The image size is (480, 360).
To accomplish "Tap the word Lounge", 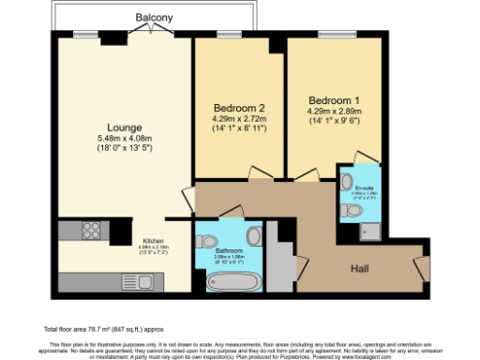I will (x=124, y=127).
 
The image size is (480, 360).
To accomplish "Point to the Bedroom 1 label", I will (x=334, y=98).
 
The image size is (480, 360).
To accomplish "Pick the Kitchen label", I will (x=154, y=239).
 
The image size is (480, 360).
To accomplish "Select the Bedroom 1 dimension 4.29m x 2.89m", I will (x=334, y=110).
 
